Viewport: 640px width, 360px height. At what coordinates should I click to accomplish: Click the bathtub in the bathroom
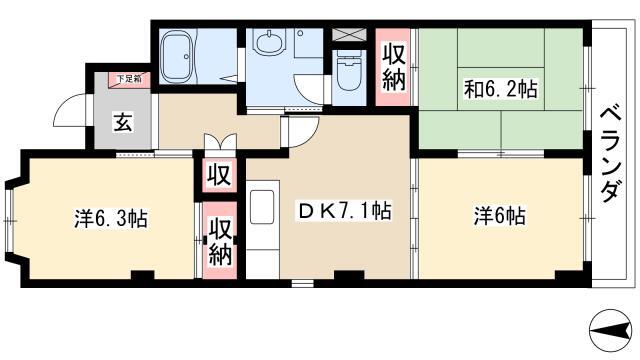[x=177, y=56]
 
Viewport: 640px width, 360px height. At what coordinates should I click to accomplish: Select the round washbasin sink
[x=269, y=42]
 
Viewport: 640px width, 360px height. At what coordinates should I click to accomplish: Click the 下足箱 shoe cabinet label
[x=129, y=79]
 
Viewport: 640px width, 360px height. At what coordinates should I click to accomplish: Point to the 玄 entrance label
[x=122, y=122]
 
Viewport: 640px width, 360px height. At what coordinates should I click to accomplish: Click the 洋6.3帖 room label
[x=111, y=218]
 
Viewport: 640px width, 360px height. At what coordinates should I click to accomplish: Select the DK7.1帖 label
[x=345, y=211]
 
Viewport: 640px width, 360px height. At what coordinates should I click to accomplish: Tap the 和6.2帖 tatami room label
[x=501, y=89]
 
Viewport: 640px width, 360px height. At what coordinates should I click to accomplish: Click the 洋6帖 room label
[x=500, y=216]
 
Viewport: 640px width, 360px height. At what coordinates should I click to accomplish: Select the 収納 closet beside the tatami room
[x=394, y=67]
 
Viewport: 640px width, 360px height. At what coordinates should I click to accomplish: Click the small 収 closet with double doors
[x=220, y=175]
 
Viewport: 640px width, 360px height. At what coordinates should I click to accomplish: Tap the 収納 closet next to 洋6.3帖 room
[x=220, y=241]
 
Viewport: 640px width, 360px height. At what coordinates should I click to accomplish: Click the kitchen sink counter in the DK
[x=262, y=229]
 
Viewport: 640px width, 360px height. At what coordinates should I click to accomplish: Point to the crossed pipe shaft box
[x=349, y=34]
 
